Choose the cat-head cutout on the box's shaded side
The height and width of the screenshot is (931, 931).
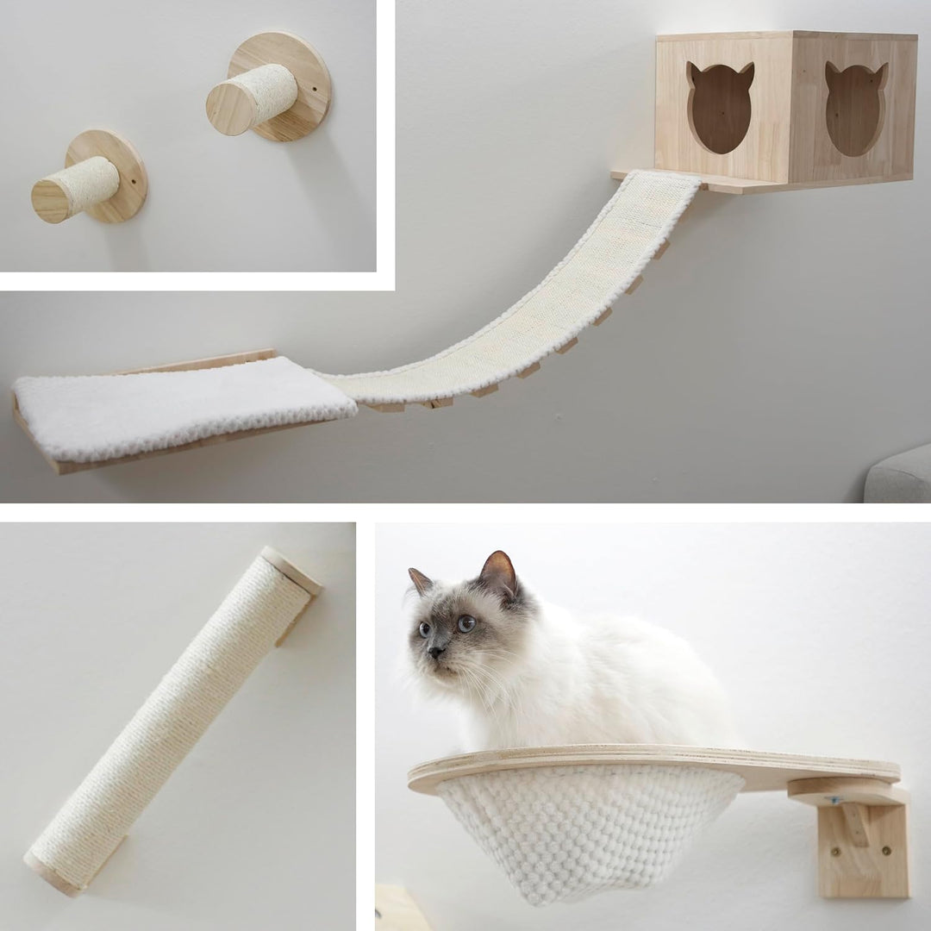click(x=856, y=108)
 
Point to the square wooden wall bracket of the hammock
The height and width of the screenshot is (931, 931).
click(x=862, y=849)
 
